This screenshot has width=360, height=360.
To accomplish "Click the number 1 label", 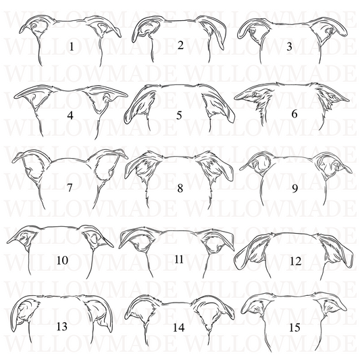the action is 72,47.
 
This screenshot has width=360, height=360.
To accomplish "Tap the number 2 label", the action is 181,45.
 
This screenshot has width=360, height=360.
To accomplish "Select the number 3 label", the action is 289,47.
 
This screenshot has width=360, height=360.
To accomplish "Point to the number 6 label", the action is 294,114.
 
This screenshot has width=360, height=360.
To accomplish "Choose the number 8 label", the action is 180,188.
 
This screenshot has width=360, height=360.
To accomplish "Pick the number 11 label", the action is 179,259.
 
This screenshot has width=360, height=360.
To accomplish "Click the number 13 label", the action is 62,326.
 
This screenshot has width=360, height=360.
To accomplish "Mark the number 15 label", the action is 294,328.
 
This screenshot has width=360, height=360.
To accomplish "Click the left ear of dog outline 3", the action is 253,31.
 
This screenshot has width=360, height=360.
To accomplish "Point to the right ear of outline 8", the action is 215,165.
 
